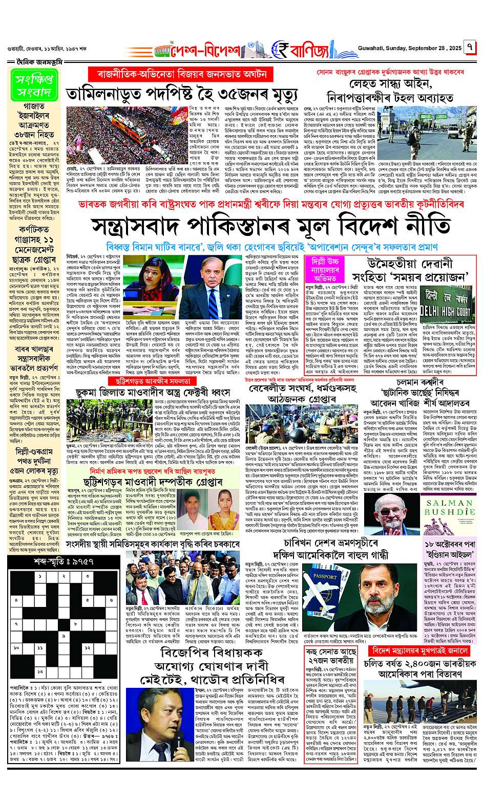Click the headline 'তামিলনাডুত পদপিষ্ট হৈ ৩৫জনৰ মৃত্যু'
pyautogui.click(x=182, y=94)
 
